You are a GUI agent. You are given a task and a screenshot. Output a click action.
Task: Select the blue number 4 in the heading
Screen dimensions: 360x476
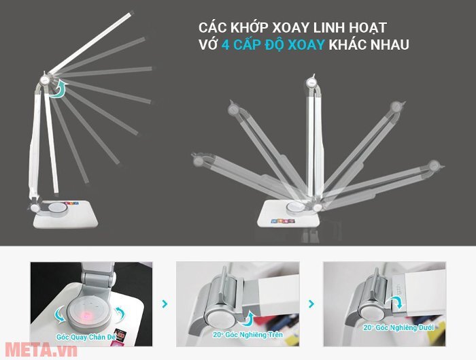(x=225, y=46)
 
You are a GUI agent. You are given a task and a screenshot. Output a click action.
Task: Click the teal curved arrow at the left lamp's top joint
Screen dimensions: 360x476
(x=61, y=88)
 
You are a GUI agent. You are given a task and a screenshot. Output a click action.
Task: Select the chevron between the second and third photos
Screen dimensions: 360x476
(x=311, y=305)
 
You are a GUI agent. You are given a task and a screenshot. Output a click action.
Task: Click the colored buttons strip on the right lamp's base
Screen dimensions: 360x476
(x=281, y=221)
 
